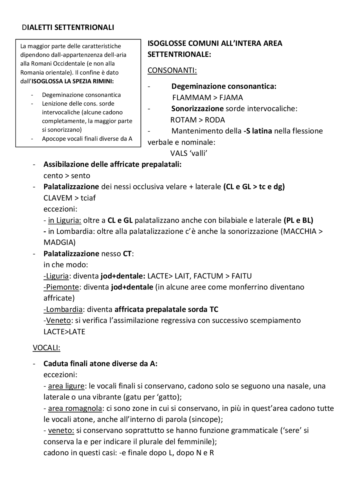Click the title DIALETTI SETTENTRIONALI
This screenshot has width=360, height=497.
68,28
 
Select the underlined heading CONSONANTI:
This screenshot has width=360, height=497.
172,70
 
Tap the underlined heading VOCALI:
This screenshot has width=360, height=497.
46,348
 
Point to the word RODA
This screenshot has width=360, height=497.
215,120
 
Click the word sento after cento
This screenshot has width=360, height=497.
81,176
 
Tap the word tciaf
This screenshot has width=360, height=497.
88,198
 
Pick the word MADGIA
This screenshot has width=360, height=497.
59,242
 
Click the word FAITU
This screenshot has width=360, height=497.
241,276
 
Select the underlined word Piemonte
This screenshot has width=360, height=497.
62,287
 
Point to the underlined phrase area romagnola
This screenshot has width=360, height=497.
75,408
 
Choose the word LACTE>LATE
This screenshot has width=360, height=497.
64,332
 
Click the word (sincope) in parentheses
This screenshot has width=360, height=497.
206,420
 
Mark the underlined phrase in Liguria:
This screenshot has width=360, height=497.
64,220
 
